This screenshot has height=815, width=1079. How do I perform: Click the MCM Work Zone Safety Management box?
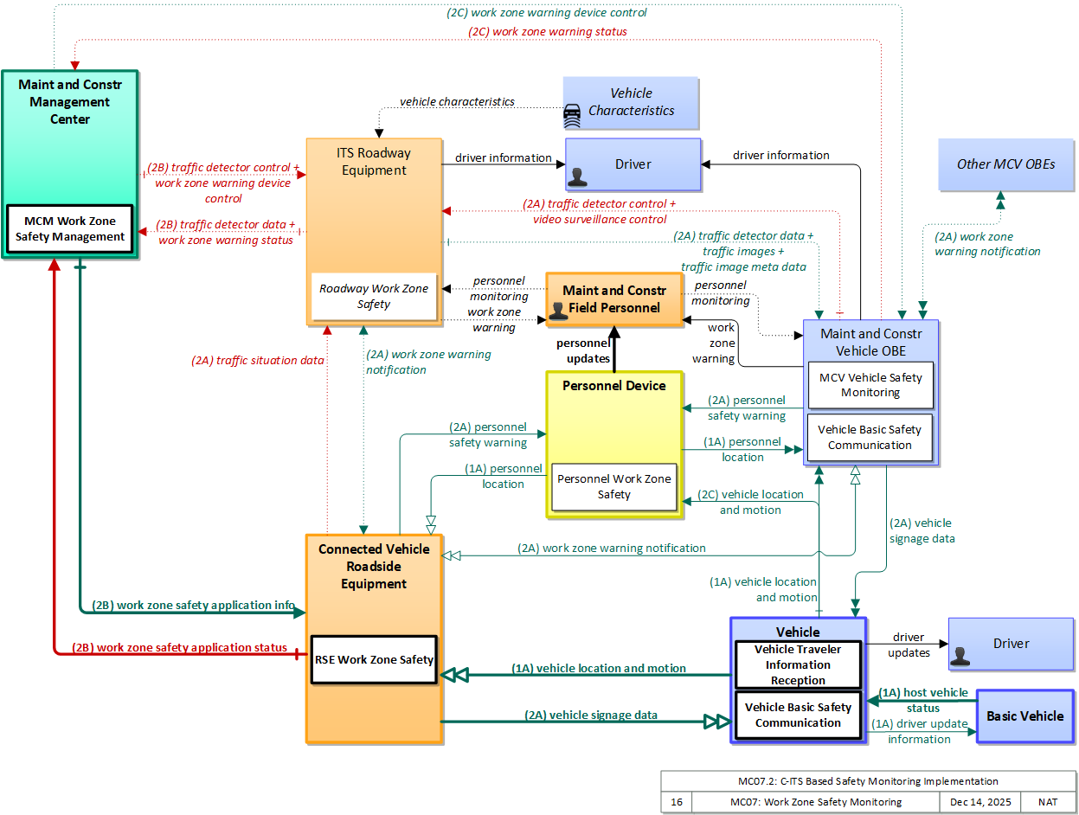[70, 228]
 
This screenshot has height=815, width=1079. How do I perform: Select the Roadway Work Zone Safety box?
[374, 296]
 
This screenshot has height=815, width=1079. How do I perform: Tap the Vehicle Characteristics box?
[631, 103]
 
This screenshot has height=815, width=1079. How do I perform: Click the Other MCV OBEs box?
[1005, 164]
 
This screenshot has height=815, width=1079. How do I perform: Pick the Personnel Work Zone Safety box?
[614, 486]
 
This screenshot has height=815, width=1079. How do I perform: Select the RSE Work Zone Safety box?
[374, 659]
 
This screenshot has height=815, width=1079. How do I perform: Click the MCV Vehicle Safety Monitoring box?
[870, 385]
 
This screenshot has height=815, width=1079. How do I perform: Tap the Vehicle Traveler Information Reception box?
[798, 664]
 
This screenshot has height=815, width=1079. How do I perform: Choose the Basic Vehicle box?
[1025, 716]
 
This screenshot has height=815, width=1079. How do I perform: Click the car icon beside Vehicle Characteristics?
[572, 116]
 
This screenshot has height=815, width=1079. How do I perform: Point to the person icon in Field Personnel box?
[558, 311]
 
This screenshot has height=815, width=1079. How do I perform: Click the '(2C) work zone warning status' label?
[547, 31]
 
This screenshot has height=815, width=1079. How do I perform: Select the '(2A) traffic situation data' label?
[258, 360]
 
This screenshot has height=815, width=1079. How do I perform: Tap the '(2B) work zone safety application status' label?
[179, 647]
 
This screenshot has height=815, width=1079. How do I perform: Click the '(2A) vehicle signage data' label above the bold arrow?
[590, 715]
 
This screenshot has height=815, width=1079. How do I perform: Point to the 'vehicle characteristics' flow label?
[457, 102]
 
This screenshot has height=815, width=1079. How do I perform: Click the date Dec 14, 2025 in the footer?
[980, 802]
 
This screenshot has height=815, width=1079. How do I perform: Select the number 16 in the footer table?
[677, 802]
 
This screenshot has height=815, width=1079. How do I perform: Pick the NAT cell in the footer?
[1048, 802]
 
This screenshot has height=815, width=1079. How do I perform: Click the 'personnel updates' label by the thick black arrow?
[583, 350]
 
